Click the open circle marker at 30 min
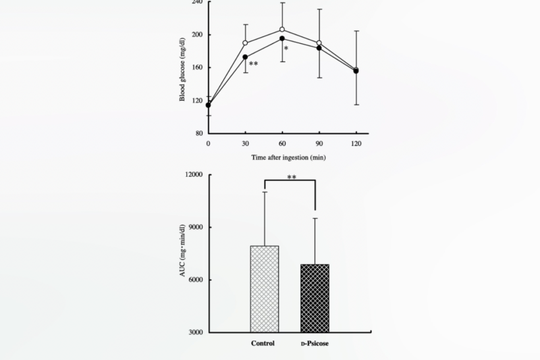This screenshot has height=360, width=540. pyautogui.click(x=245, y=43)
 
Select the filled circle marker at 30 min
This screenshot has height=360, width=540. pyautogui.click(x=245, y=57)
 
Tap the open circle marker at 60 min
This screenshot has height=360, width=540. pyautogui.click(x=282, y=30)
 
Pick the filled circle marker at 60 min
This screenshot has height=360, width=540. pyautogui.click(x=282, y=38)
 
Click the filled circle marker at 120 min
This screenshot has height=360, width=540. pyautogui.click(x=356, y=70)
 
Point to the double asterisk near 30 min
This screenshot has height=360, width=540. pyautogui.click(x=254, y=65)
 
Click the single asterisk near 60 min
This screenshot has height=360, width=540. pyautogui.click(x=287, y=49)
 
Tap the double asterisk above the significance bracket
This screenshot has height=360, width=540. pyautogui.click(x=292, y=178)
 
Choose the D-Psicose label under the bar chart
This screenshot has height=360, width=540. pyautogui.click(x=316, y=344)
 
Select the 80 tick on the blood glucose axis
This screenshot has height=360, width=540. pyautogui.click(x=198, y=133)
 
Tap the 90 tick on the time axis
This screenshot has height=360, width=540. pyautogui.click(x=319, y=144)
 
